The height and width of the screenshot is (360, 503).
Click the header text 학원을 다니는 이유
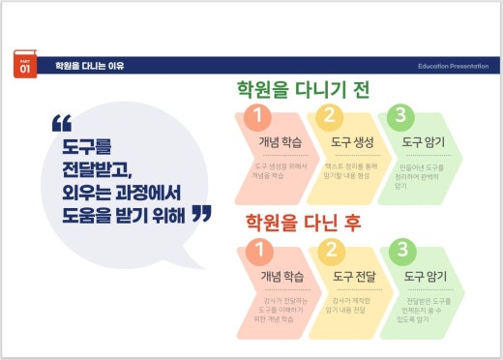90,66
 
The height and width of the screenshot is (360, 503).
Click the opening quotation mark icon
62,125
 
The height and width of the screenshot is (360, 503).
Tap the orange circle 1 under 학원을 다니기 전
256,118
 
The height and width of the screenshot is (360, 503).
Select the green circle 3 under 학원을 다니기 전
398,118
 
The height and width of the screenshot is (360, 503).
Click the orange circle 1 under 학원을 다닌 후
256,251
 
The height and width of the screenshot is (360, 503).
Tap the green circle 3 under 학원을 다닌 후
398,251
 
